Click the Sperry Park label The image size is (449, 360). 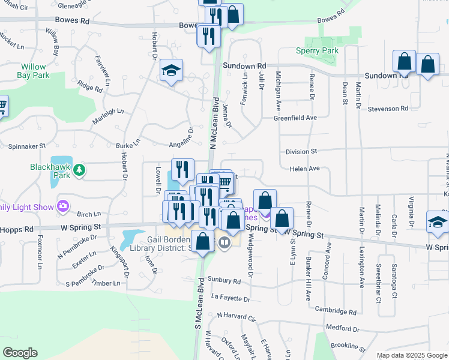[x=317, y=51]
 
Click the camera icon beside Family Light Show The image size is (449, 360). [x=64, y=207]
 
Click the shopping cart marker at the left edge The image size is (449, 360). [x=2, y=106]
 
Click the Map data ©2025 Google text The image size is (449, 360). [x=412, y=355]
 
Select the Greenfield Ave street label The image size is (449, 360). [x=295, y=118]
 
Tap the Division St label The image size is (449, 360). [x=301, y=152]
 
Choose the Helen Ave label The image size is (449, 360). [x=304, y=169]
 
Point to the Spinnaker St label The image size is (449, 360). [x=26, y=146]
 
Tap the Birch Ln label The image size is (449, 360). [x=89, y=214]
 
